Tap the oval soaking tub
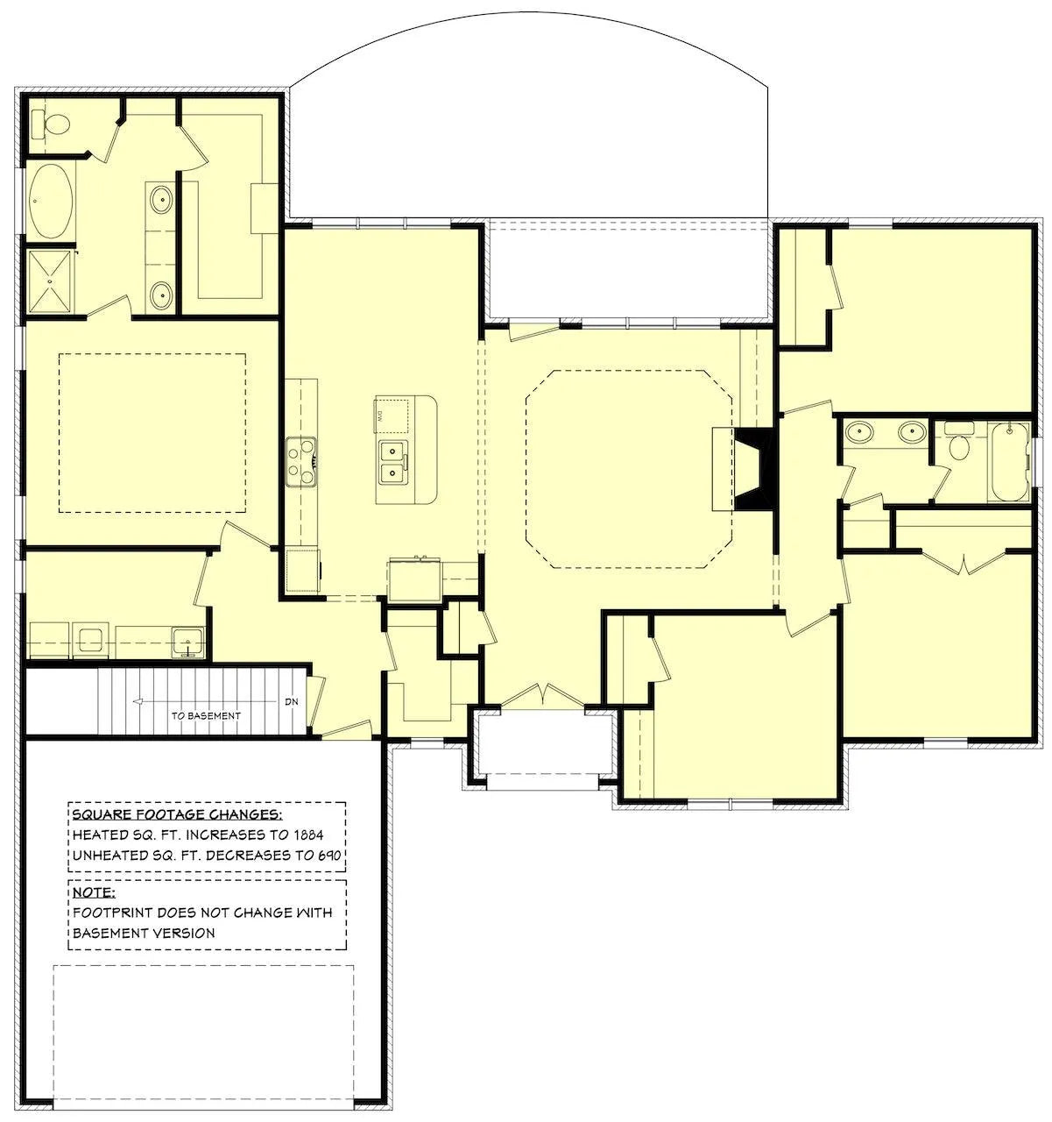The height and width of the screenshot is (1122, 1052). click(51, 201)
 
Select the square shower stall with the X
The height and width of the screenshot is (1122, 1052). click(50, 281)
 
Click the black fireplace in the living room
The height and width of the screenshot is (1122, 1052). click(756, 470)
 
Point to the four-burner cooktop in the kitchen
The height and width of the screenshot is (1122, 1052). click(300, 462)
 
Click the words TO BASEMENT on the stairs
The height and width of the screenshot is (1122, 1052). click(206, 716)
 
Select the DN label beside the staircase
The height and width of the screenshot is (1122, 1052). click(292, 702)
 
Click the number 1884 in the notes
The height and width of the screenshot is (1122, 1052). click(308, 835)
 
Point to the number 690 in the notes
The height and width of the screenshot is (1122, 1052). click(329, 856)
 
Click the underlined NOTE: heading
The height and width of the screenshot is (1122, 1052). click(94, 892)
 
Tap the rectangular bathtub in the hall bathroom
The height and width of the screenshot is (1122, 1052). click(1008, 462)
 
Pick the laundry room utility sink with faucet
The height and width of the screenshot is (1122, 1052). click(188, 643)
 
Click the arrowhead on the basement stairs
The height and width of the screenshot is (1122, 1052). click(137, 702)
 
